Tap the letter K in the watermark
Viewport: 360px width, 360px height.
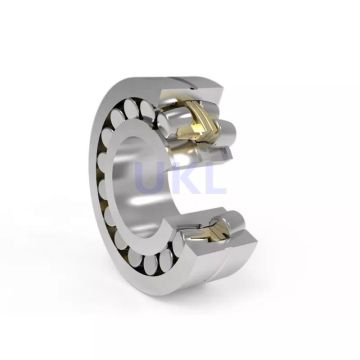[x=186, y=182]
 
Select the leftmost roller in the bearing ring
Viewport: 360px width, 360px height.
[x=106, y=180]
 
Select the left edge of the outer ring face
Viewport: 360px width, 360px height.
[x=92, y=180]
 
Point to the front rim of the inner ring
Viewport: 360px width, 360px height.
[x=123, y=215]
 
